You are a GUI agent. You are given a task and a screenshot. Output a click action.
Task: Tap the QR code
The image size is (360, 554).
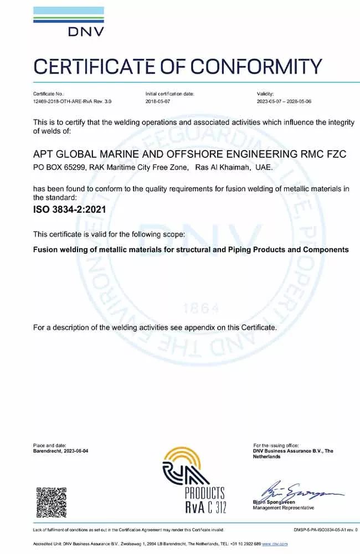(x=52, y=502)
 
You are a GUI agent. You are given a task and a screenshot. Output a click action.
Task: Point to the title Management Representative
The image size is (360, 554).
(x=283, y=507)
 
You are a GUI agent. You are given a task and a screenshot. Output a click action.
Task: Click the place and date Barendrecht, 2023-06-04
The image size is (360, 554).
(x=60, y=451)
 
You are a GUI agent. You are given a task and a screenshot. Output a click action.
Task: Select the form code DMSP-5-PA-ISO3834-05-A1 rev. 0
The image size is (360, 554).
(x=325, y=530)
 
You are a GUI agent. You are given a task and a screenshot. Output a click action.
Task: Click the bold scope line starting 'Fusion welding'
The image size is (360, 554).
(x=191, y=249)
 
